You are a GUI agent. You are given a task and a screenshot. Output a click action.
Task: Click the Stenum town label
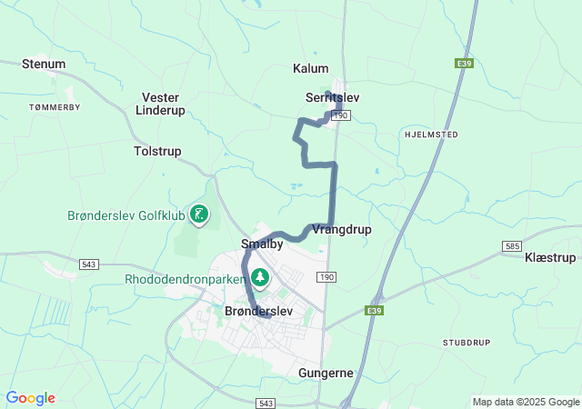(44, 64)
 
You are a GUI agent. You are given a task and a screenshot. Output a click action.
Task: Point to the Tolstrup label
(157, 151)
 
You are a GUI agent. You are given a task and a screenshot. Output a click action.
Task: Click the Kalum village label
(310, 68)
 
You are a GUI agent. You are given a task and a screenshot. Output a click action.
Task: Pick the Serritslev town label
(336, 97)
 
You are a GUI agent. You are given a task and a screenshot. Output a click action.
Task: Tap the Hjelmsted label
(429, 134)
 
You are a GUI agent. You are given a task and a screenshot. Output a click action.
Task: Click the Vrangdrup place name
(341, 229)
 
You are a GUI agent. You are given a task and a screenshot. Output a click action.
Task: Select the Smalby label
(262, 244)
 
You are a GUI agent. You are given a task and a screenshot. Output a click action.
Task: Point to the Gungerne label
(326, 373)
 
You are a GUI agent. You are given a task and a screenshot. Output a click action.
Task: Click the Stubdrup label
(467, 343)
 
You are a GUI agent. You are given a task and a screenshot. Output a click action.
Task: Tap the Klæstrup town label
(550, 258)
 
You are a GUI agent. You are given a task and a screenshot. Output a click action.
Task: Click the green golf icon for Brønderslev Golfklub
(199, 214)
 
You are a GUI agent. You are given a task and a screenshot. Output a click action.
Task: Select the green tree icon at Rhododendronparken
(261, 276)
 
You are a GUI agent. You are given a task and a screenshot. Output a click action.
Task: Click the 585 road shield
(512, 246)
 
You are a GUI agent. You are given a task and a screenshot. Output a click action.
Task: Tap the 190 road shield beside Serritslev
(341, 115)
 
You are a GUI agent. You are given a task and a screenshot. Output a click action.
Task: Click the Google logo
(30, 398)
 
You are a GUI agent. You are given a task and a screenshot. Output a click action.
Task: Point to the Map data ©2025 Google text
(525, 402)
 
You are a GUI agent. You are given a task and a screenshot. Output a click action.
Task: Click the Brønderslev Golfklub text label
(125, 215)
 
